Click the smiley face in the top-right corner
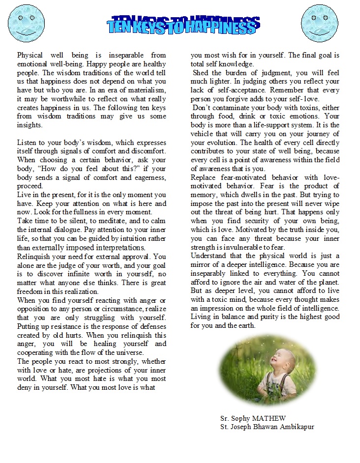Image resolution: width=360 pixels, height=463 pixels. [x=319, y=24]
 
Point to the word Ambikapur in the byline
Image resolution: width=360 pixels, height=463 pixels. [x=297, y=426]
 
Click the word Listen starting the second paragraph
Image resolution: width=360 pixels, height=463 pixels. [x=28, y=142]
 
